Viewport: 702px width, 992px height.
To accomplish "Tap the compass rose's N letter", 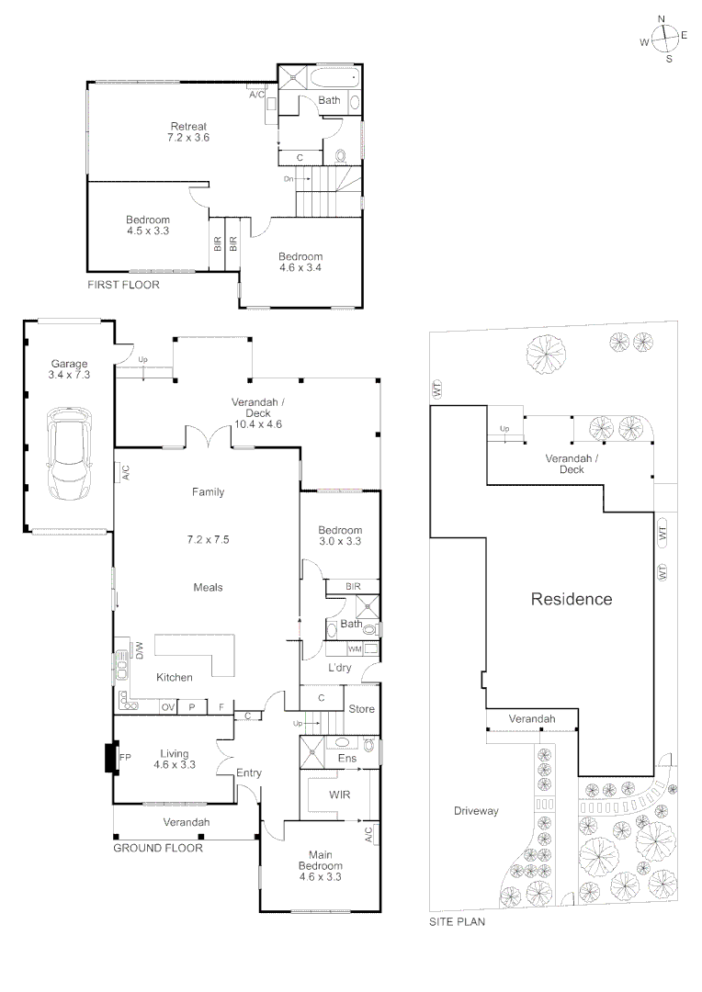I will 662,18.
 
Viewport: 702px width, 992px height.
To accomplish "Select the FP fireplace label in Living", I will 125,758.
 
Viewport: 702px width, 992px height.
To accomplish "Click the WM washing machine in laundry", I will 354,648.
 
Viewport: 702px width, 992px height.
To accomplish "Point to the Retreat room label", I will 188,126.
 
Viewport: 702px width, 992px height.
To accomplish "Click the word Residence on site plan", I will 571,600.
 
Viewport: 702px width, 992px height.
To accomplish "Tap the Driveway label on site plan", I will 475,811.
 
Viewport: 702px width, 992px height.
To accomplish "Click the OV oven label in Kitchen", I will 168,707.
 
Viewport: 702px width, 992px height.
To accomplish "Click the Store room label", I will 361,708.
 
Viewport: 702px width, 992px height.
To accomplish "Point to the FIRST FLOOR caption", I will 123,285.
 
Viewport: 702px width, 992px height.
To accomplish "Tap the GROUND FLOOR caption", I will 157,848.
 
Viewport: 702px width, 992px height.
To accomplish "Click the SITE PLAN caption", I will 457,921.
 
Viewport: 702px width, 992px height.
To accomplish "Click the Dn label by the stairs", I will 289,178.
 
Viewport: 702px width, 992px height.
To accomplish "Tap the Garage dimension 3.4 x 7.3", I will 69,375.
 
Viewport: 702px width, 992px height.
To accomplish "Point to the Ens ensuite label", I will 347,759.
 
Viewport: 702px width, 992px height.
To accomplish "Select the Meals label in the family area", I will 208,587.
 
